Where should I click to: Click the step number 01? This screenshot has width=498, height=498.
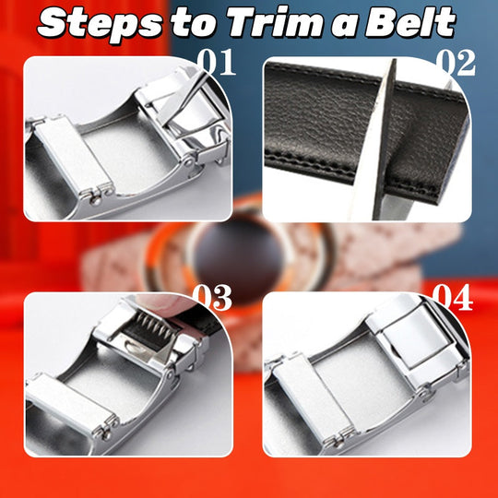tap(215, 65)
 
